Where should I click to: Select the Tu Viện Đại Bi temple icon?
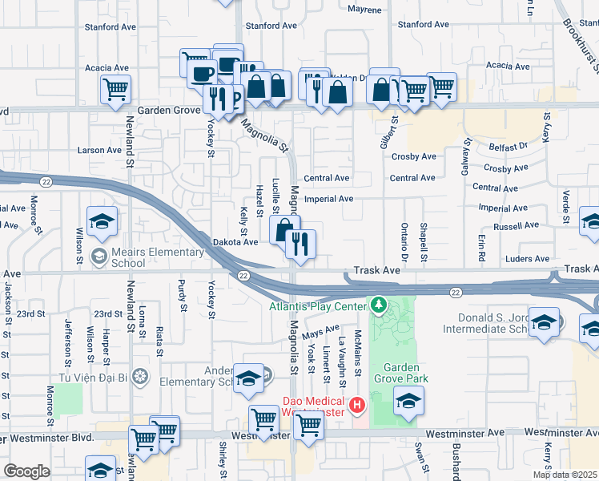(140, 377)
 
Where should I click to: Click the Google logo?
(26, 471)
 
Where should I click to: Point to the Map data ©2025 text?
(565, 475)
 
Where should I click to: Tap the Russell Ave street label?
(520, 227)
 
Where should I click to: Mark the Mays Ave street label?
(321, 330)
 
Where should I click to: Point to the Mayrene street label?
(366, 10)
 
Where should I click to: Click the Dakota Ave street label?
(235, 241)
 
